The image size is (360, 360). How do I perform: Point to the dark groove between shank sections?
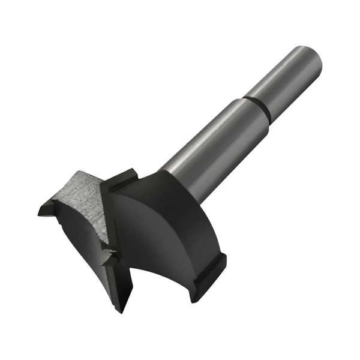coord(256,107)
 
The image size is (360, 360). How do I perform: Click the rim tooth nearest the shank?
coord(123,180)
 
